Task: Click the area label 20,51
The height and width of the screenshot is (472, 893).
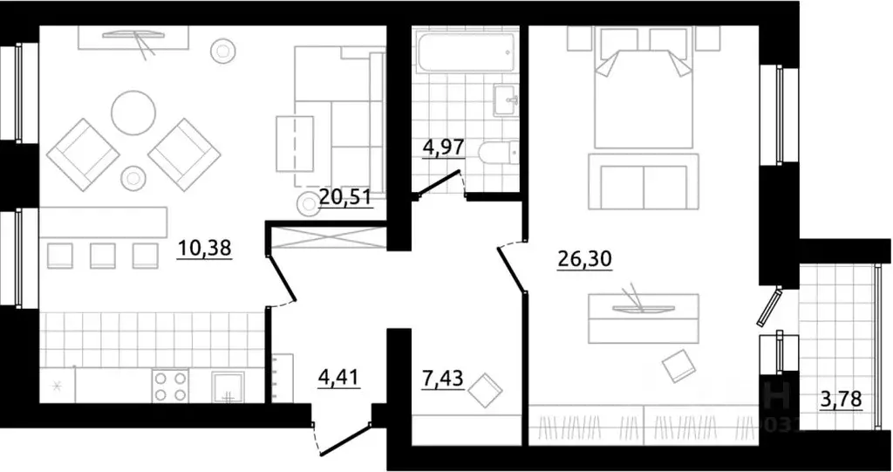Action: click(346, 196)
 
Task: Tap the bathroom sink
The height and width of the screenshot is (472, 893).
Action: click(507, 99)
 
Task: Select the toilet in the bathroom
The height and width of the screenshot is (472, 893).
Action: click(498, 153)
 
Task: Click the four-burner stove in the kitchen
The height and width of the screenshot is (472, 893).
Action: click(170, 385)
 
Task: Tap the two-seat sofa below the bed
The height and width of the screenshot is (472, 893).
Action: click(644, 181)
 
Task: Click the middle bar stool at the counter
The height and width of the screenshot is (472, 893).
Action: click(103, 256)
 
